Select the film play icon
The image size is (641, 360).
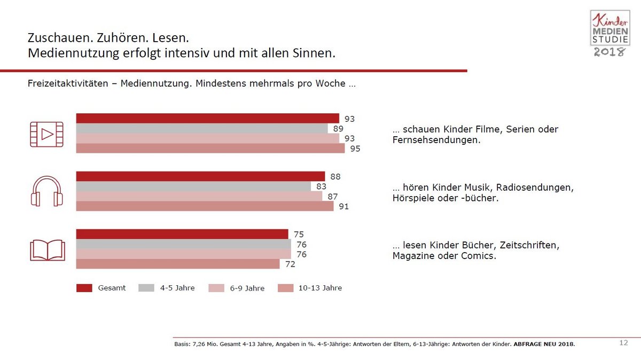coord(46,134)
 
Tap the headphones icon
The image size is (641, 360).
coord(46,192)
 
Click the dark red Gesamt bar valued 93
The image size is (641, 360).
coord(207,119)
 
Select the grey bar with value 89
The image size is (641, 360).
coord(202,129)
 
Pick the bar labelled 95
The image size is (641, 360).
coord(210,148)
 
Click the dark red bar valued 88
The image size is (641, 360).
coord(200,176)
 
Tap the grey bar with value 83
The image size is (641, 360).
coord(193,186)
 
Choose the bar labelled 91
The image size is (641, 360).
coord(205,206)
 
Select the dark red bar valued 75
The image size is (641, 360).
coord(182,234)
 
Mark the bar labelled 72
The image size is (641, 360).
coord(178,264)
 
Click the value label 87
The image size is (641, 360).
coord(332,197)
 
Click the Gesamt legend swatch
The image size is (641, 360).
coord(84,288)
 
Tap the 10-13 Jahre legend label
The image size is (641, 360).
coord(320,288)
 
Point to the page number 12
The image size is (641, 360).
coord(623,343)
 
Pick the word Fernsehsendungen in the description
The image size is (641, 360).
coord(436,140)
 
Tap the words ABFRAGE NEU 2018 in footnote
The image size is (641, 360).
coord(544,345)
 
